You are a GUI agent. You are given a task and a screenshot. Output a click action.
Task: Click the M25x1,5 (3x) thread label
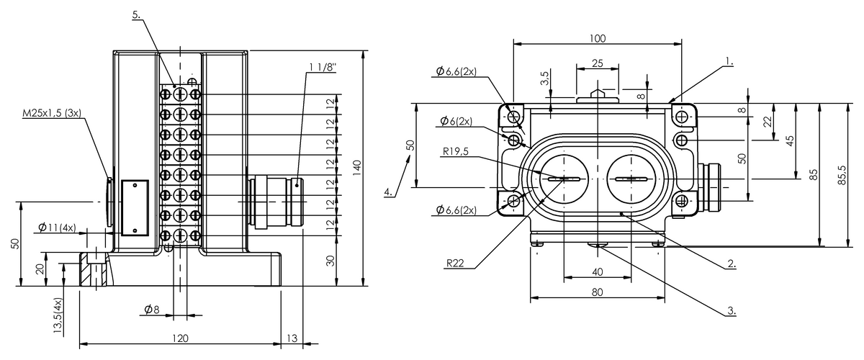click(x=52, y=112)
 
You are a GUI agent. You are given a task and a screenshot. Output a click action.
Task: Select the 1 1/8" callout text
click(x=322, y=67)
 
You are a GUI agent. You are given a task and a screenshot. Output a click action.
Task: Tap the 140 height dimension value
click(x=356, y=168)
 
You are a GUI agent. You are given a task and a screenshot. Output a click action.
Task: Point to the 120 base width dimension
click(x=180, y=338)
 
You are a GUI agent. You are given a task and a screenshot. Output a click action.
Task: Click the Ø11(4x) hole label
click(x=57, y=228)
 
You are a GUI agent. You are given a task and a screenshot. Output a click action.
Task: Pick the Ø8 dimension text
click(x=152, y=310)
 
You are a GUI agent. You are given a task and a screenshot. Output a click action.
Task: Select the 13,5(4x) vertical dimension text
click(x=58, y=315)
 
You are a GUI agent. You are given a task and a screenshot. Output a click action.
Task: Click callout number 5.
click(x=136, y=14)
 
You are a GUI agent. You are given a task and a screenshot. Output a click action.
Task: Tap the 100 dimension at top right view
click(x=598, y=38)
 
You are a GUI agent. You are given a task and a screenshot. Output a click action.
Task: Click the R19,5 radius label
click(x=455, y=151)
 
